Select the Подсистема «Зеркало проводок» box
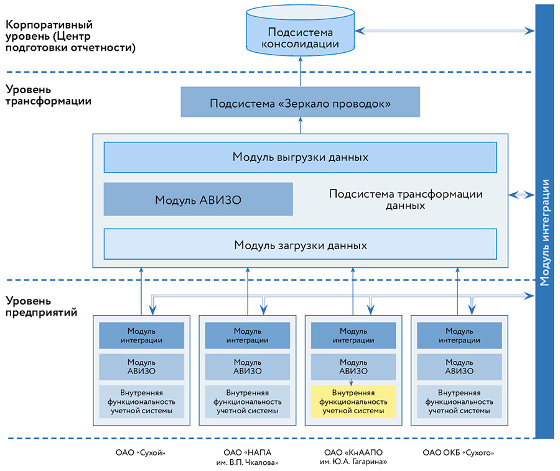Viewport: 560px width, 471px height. tap(300, 103)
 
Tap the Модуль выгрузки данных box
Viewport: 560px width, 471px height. tap(300, 157)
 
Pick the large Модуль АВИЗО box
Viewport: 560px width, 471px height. tap(198, 199)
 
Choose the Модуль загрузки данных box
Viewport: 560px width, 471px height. tap(300, 245)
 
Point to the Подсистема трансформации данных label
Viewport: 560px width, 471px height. tap(405, 199)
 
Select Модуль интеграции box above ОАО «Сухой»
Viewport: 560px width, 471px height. tap(141, 336)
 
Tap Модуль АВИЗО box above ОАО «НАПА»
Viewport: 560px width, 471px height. tap(248, 367)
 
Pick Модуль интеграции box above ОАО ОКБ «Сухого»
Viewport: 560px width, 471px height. tap(459, 336)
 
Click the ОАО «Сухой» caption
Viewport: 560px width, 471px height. tap(141, 453)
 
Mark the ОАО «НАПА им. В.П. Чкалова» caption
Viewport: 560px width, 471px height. tap(248, 457)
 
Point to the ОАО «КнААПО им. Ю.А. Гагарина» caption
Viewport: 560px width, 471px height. tap(353, 457)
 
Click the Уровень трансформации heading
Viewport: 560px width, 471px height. tap(49, 95)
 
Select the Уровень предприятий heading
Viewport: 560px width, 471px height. tap(41, 306)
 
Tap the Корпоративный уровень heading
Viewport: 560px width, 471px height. tap(70, 36)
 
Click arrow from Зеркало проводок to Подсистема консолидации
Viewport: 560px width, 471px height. tap(300, 71)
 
